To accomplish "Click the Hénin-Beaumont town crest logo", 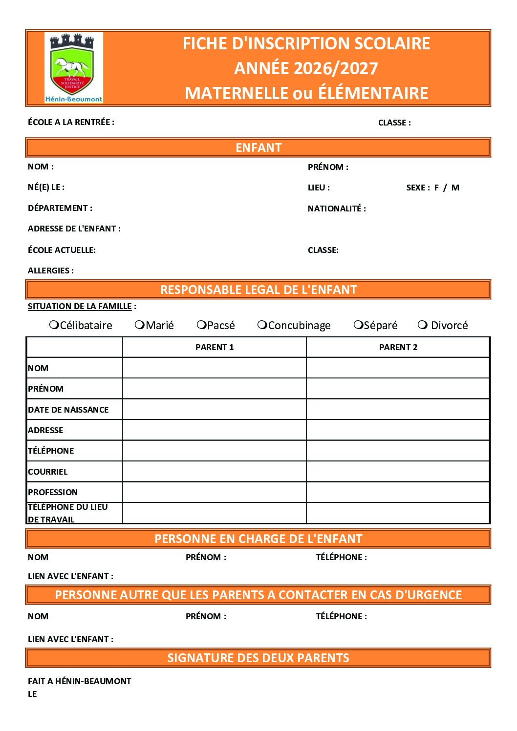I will pos(74,68).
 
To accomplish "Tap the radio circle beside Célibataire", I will pos(54,325).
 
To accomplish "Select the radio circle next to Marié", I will pos(140,325).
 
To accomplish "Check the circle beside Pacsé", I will pos(201,325).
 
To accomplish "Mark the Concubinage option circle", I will pos(262,325).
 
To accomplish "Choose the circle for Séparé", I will pos(358,325).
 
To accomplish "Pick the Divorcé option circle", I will pos(423,325).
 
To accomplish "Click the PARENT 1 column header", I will pos(215,347).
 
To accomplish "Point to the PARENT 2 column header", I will pos(398,347).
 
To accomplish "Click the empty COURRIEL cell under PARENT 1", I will pos(215,471).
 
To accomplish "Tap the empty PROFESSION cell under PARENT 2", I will pos(398,492).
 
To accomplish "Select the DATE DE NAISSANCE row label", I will pos(68,410).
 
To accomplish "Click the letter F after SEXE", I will pos(436,188).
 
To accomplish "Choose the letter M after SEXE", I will pos(455,188).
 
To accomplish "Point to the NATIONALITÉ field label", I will pos(337,209).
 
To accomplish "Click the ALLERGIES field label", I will pos(51,271).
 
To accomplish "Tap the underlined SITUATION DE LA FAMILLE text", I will pos(80,306).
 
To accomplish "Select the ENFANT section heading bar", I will pos(258,147).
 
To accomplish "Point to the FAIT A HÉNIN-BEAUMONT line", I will pos(80,681).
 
